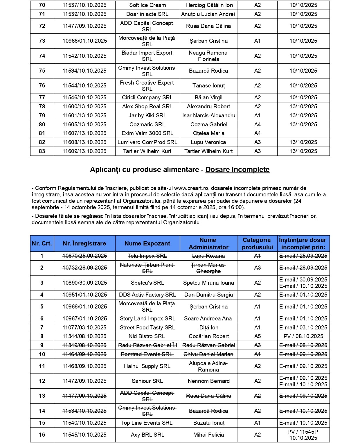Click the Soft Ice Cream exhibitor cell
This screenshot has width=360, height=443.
pos(147,5)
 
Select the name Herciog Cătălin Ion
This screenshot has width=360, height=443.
pos(209,5)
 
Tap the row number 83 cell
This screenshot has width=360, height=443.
pos(42,151)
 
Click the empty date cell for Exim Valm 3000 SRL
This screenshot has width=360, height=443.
pos(303,133)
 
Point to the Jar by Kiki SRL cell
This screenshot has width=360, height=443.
pos(147,115)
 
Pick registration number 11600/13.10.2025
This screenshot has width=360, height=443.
pos(84,106)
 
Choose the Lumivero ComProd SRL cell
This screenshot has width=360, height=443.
pos(147,142)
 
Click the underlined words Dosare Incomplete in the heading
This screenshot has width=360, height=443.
pos(237,170)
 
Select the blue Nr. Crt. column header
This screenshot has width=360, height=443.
pos(42,243)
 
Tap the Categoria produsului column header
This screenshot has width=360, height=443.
pos(257,243)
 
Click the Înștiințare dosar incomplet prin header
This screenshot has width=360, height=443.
pos(303,243)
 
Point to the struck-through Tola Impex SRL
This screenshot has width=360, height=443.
pos(147,256)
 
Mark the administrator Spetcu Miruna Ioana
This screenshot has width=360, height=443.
pos(209,283)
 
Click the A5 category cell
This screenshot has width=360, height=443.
pos(258,336)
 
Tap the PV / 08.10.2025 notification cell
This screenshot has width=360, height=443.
pos(303,336)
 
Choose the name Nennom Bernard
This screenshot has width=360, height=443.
pos(209,381)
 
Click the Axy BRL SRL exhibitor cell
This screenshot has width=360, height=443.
pos(147,435)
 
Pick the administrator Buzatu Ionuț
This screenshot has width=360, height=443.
pos(209,423)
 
